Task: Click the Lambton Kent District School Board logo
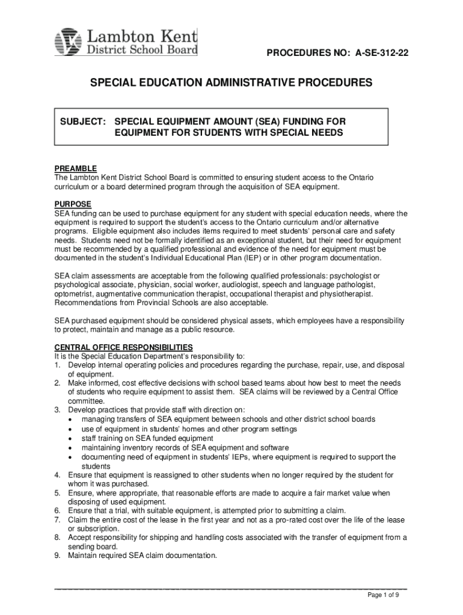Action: pyautogui.click(x=126, y=41)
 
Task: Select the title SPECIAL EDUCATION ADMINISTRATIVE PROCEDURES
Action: pyautogui.click(x=231, y=82)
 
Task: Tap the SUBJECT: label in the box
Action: pyautogui.click(x=84, y=122)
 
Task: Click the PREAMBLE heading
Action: pyautogui.click(x=76, y=169)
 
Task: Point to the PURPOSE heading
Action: pyautogui.click(x=73, y=204)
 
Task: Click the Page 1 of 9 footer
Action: pyautogui.click(x=384, y=595)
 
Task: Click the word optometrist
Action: pyautogui.click(x=75, y=294)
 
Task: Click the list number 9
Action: pyautogui.click(x=57, y=556)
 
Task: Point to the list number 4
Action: pyautogui.click(x=57, y=475)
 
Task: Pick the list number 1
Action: pyautogui.click(x=57, y=365)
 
